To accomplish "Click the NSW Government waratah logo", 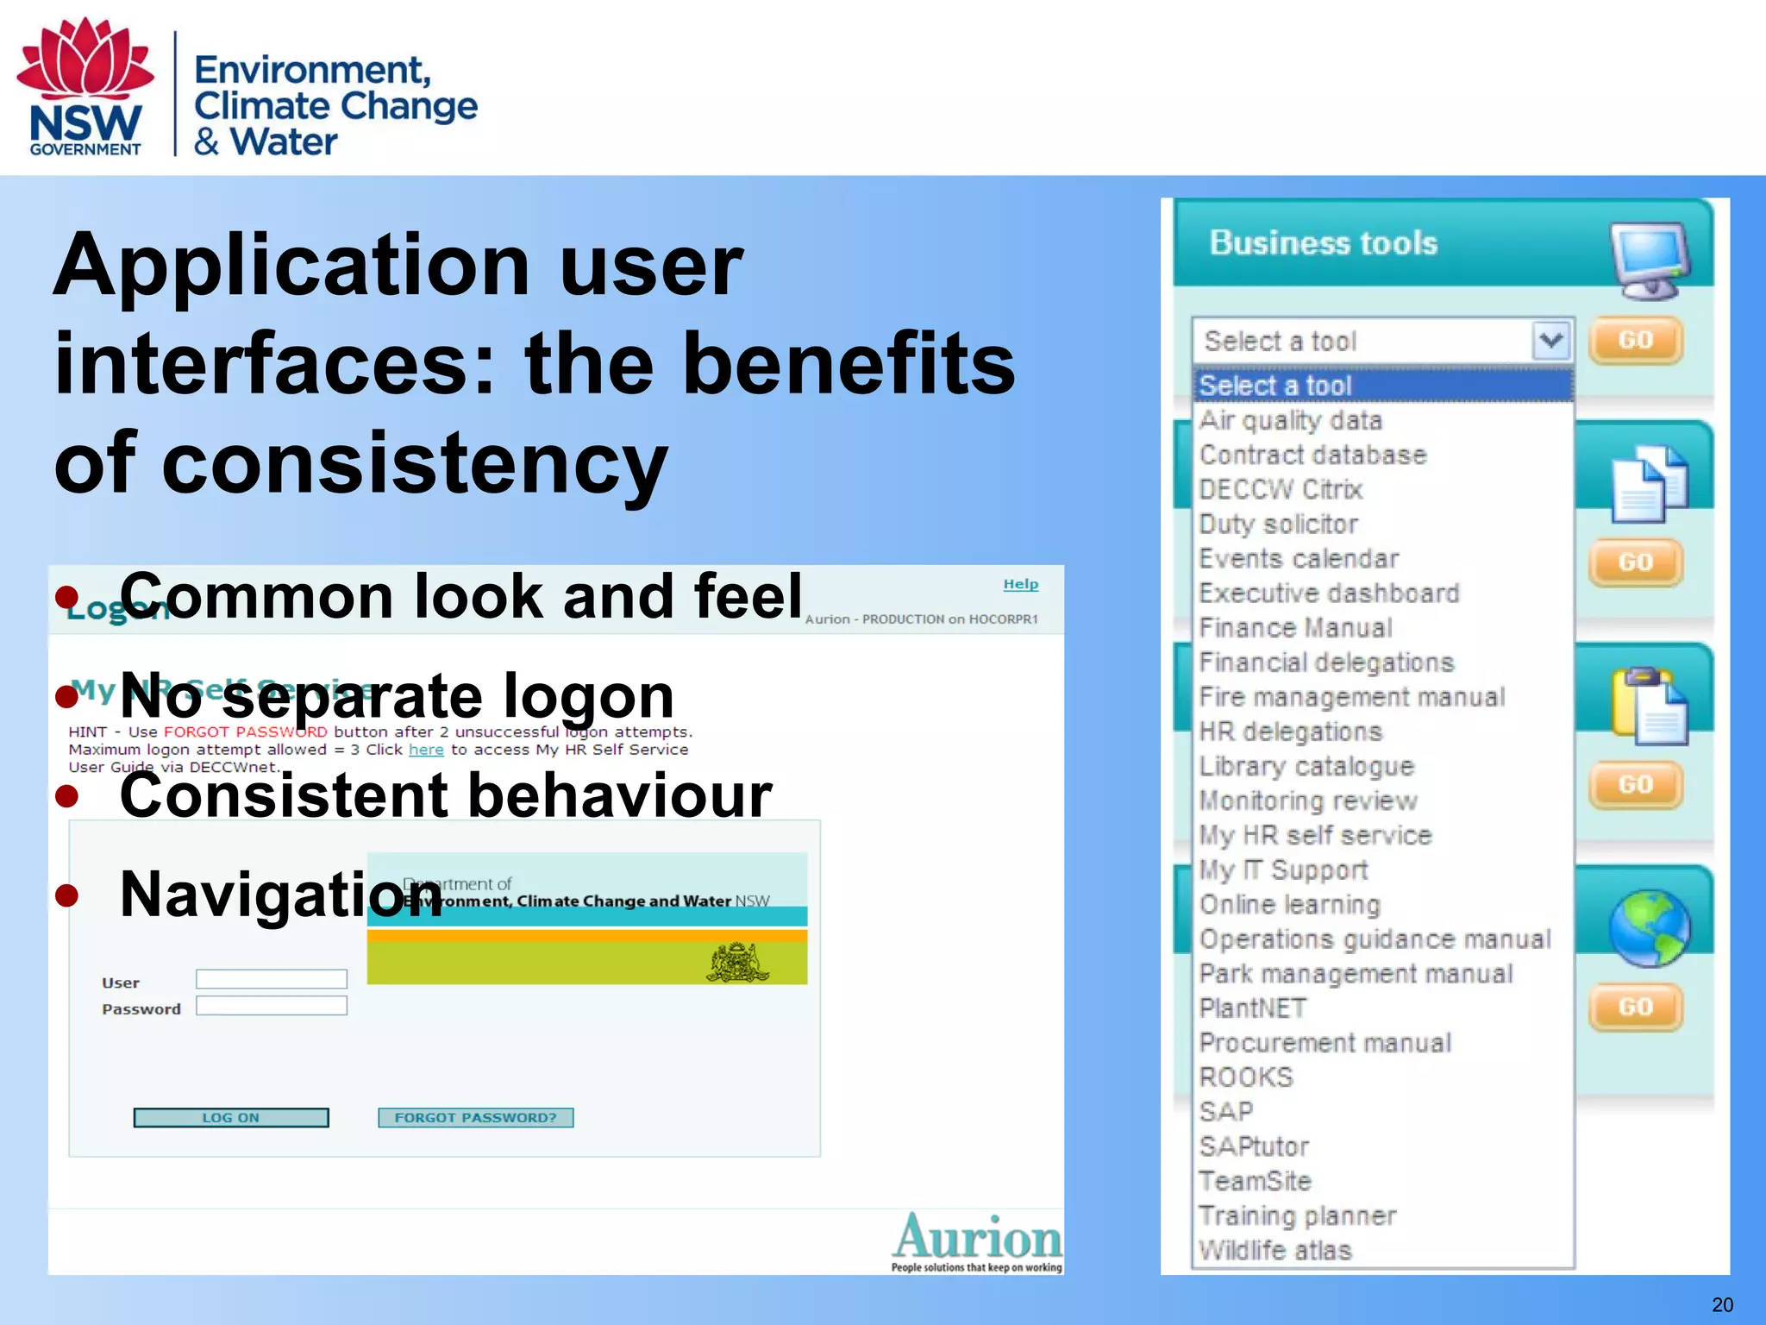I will [85, 86].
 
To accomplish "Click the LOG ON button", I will [230, 1117].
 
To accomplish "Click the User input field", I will [271, 979].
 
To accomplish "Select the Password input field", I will [271, 1006].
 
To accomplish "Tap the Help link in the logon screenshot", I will [1020, 584].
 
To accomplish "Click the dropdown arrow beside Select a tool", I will [1550, 341].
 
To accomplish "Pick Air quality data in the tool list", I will [1290, 420].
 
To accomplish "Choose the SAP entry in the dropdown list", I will [1225, 1112].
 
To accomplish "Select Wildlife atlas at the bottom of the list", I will [1274, 1250].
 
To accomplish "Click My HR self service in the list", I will [1315, 835].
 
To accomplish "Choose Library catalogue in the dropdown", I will [1306, 766].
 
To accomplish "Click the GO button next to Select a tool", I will [1635, 340].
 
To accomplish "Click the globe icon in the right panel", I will [1649, 928].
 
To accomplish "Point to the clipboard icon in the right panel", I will [1649, 706].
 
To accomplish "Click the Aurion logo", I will [977, 1240].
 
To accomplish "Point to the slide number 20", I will [1721, 1304].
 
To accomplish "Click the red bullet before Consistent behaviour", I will [66, 796].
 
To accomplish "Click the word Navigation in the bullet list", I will [280, 895].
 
